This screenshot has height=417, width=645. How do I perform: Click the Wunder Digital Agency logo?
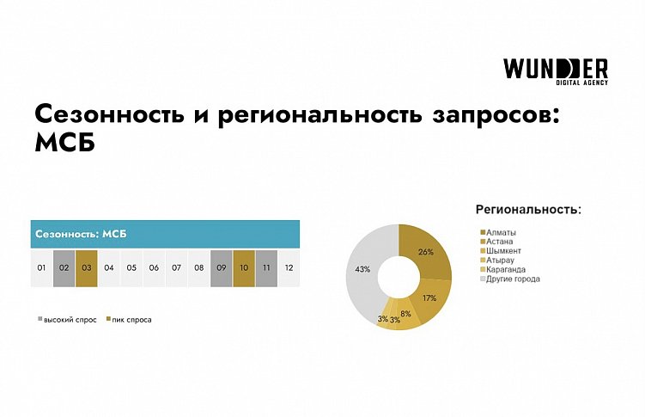coord(556,72)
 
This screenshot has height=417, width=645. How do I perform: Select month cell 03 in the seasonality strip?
coord(87,267)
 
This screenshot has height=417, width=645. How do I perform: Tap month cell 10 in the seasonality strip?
coord(244,267)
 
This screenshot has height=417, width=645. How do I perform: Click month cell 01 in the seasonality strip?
coord(41,267)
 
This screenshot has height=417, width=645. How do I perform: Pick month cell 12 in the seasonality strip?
coord(289,267)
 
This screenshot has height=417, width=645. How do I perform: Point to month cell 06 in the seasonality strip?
coord(154,267)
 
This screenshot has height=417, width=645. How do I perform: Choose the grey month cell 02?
coord(64,267)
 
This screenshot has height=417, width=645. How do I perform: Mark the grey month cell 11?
coord(266,267)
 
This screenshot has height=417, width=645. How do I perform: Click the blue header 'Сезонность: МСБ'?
coord(164,234)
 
